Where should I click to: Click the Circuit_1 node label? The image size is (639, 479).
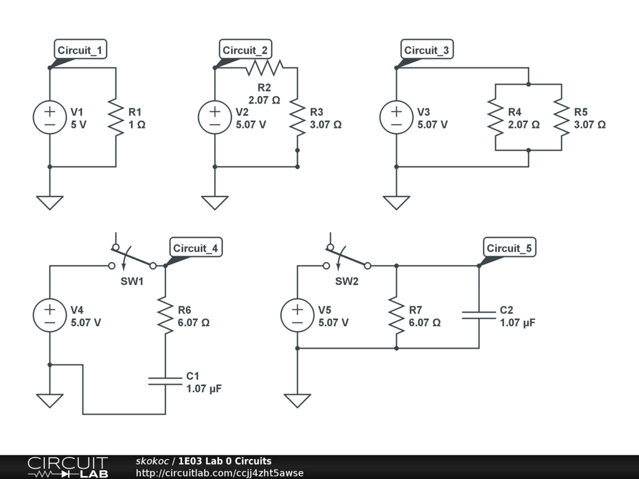click(x=80, y=51)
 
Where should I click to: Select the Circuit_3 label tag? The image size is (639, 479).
click(x=426, y=51)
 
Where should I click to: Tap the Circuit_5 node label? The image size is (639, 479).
click(x=509, y=248)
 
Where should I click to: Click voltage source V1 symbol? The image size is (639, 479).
click(x=49, y=117)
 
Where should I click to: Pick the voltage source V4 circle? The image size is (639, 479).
click(x=49, y=315)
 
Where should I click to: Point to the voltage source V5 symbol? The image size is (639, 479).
click(x=297, y=315)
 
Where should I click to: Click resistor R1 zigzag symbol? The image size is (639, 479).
click(x=116, y=117)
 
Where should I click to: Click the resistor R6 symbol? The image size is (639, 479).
click(x=165, y=315)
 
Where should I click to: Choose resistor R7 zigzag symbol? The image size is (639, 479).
click(x=396, y=315)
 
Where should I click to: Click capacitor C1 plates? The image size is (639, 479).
click(x=165, y=380)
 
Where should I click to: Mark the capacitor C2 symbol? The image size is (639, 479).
click(x=479, y=315)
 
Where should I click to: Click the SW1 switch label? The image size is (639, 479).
click(x=132, y=281)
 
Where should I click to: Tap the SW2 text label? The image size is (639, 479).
click(x=346, y=281)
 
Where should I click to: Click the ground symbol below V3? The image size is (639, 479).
click(x=396, y=202)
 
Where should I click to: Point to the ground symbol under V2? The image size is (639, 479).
click(x=215, y=202)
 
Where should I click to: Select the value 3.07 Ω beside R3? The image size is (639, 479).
click(x=326, y=124)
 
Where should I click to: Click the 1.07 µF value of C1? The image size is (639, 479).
click(x=204, y=388)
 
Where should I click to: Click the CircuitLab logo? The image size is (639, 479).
click(x=67, y=467)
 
